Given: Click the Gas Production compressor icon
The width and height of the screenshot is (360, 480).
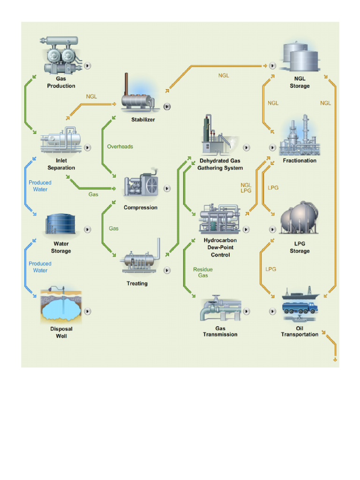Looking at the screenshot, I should [x=61, y=55].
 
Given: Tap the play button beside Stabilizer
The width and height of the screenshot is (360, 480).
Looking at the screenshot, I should [x=167, y=106].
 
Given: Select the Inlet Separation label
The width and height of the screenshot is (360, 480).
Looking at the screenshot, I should [x=61, y=164].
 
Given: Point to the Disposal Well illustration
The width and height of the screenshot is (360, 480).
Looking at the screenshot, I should [x=61, y=306].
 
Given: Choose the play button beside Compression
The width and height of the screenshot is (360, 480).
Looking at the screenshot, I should [x=167, y=188].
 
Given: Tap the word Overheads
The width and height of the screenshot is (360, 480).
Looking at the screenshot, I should [x=120, y=147].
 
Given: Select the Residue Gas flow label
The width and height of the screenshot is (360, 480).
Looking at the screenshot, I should [x=202, y=272].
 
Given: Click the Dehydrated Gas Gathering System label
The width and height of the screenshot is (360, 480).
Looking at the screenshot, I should [x=220, y=164].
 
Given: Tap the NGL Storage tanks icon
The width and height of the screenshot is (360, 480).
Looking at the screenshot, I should [x=300, y=56].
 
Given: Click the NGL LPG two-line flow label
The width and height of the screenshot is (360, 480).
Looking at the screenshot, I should [x=246, y=188].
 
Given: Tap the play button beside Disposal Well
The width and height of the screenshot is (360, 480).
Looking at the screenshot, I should [x=88, y=311].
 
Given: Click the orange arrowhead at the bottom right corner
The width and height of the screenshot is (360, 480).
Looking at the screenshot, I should [x=335, y=360].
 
